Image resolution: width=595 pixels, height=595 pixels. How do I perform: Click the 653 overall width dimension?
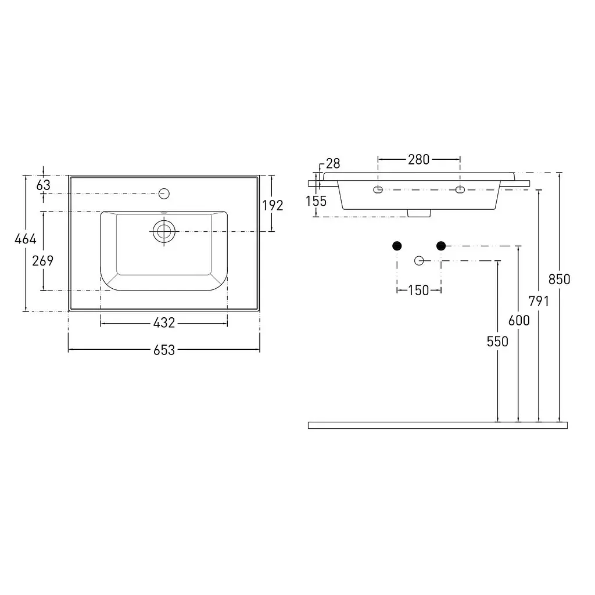pos(164,350)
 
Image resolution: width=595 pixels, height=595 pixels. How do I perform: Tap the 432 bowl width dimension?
pos(164,322)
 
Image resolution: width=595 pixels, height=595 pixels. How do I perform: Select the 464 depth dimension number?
pos(26,239)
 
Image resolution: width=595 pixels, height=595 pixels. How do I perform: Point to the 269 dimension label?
pos(42,261)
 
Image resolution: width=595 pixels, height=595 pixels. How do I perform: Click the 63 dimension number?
pos(43,185)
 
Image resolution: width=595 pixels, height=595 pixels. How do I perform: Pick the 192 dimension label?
pos(273,205)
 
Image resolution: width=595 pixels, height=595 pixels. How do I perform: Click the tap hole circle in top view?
pos(164,193)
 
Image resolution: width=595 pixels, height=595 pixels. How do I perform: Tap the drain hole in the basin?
pos(164,231)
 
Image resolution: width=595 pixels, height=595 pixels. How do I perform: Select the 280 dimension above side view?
pos(418,159)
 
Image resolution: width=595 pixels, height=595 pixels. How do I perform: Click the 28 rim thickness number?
pos(333,163)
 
